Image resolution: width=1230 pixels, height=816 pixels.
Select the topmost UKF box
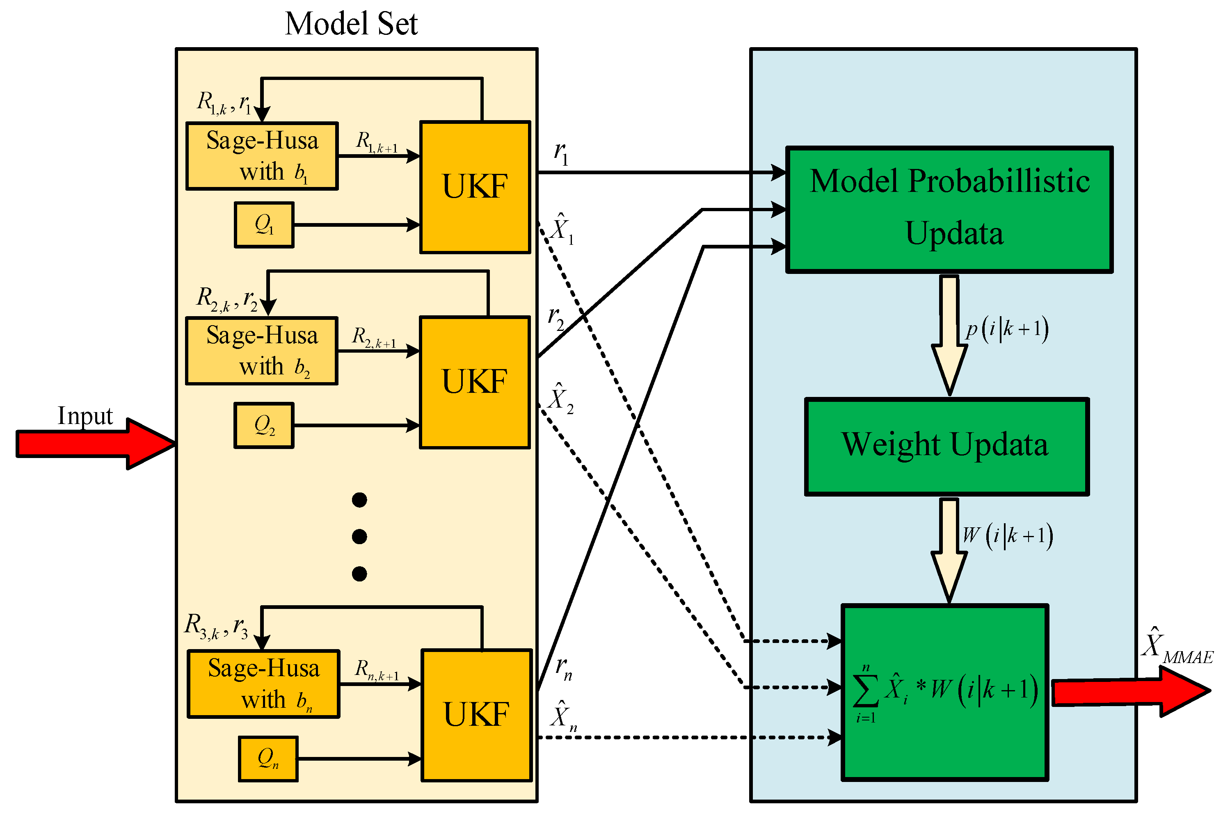point(475,187)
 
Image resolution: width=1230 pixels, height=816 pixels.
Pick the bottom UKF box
point(476,715)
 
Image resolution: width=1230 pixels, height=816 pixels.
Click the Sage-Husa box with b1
point(262,156)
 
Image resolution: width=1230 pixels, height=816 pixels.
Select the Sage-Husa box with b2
point(262,351)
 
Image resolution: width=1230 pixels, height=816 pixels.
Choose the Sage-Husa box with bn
point(263,684)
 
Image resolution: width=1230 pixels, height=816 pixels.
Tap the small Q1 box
point(264,225)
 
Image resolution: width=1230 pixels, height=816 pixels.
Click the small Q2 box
point(264,425)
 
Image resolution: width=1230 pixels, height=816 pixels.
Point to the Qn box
point(268,759)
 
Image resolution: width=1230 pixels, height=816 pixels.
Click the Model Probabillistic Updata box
point(949,209)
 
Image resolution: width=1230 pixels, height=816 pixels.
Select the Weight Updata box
point(946,447)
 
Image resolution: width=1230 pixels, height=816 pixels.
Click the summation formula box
point(944,692)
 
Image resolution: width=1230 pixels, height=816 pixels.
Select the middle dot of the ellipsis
point(359,536)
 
